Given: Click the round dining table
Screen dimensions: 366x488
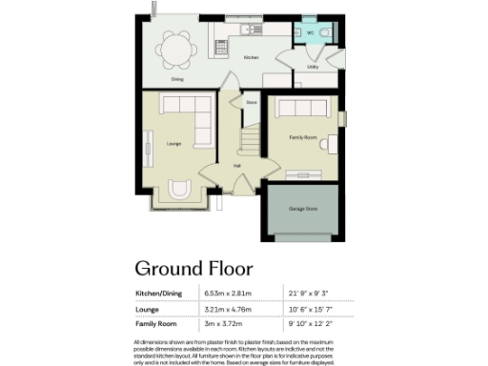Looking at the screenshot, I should [x=173, y=47].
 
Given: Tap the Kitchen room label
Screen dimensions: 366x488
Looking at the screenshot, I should [x=251, y=58].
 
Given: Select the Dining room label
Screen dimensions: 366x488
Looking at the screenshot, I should [x=177, y=79].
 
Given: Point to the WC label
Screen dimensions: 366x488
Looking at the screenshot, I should [x=311, y=33].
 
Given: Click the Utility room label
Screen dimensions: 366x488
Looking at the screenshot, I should [x=313, y=68].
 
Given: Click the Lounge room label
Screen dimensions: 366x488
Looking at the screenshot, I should [x=173, y=144].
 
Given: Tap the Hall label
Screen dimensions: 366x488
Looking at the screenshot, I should [x=236, y=164].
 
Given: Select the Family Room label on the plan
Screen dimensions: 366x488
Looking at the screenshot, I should [x=302, y=137].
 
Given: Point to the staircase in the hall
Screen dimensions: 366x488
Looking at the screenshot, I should [x=251, y=139].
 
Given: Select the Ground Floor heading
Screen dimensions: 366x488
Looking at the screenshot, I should [x=193, y=268].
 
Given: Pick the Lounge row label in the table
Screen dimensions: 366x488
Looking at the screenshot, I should [x=148, y=309].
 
